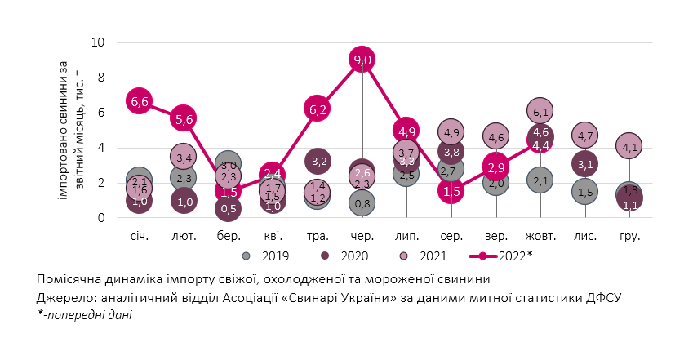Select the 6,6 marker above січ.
(139, 101)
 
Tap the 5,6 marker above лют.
(184, 119)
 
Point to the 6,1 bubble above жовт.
(540, 110)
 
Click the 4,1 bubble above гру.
(629, 146)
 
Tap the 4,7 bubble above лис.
(584, 136)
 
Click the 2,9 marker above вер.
(495, 167)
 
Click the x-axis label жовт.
(540, 236)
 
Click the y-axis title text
(71, 131)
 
